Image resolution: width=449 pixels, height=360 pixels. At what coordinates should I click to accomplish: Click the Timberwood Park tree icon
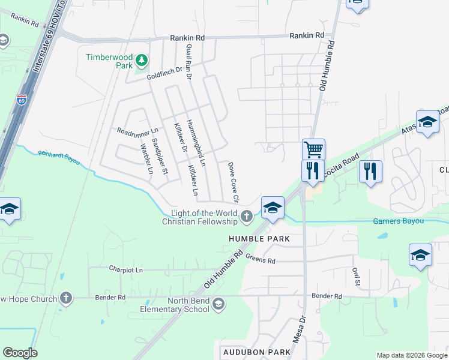[x=142, y=60]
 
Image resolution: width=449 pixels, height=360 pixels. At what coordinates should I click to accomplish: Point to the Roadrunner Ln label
[x=137, y=130]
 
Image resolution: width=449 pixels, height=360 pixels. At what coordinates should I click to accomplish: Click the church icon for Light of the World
[x=246, y=215]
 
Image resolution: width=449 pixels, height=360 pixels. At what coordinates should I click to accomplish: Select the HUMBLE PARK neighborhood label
[x=259, y=239]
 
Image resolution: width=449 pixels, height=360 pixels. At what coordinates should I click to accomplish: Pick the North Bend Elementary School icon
[x=218, y=304]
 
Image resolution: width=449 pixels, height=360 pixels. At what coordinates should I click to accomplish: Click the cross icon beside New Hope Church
[x=66, y=298]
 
